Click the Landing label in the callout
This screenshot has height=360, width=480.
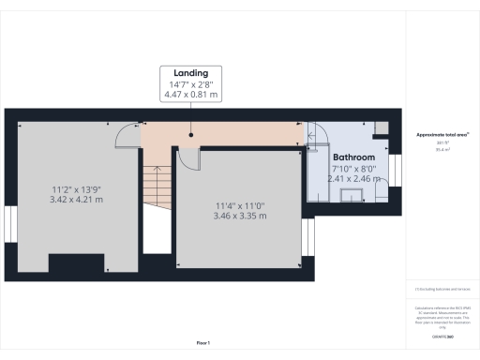pyautogui.click(x=190, y=72)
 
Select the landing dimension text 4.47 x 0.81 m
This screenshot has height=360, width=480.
pyautogui.click(x=190, y=94)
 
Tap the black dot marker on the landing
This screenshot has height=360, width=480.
pyautogui.click(x=191, y=135)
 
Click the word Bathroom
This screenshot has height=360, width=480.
pyautogui.click(x=354, y=157)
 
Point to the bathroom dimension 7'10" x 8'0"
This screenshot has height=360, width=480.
pyautogui.click(x=354, y=168)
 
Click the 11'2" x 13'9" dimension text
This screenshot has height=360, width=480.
pyautogui.click(x=75, y=190)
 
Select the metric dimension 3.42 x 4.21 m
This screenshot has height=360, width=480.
pyautogui.click(x=75, y=201)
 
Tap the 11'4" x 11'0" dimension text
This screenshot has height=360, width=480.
pyautogui.click(x=241, y=206)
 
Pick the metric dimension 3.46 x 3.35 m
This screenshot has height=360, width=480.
pyautogui.click(x=241, y=217)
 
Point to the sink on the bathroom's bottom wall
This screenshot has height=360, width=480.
pyautogui.click(x=354, y=195)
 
